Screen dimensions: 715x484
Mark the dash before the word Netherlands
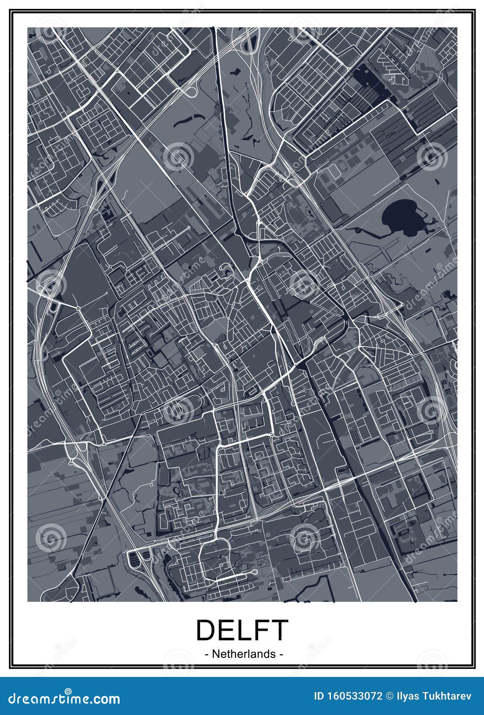tap(206, 654)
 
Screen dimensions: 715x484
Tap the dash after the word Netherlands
tap(280, 654)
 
